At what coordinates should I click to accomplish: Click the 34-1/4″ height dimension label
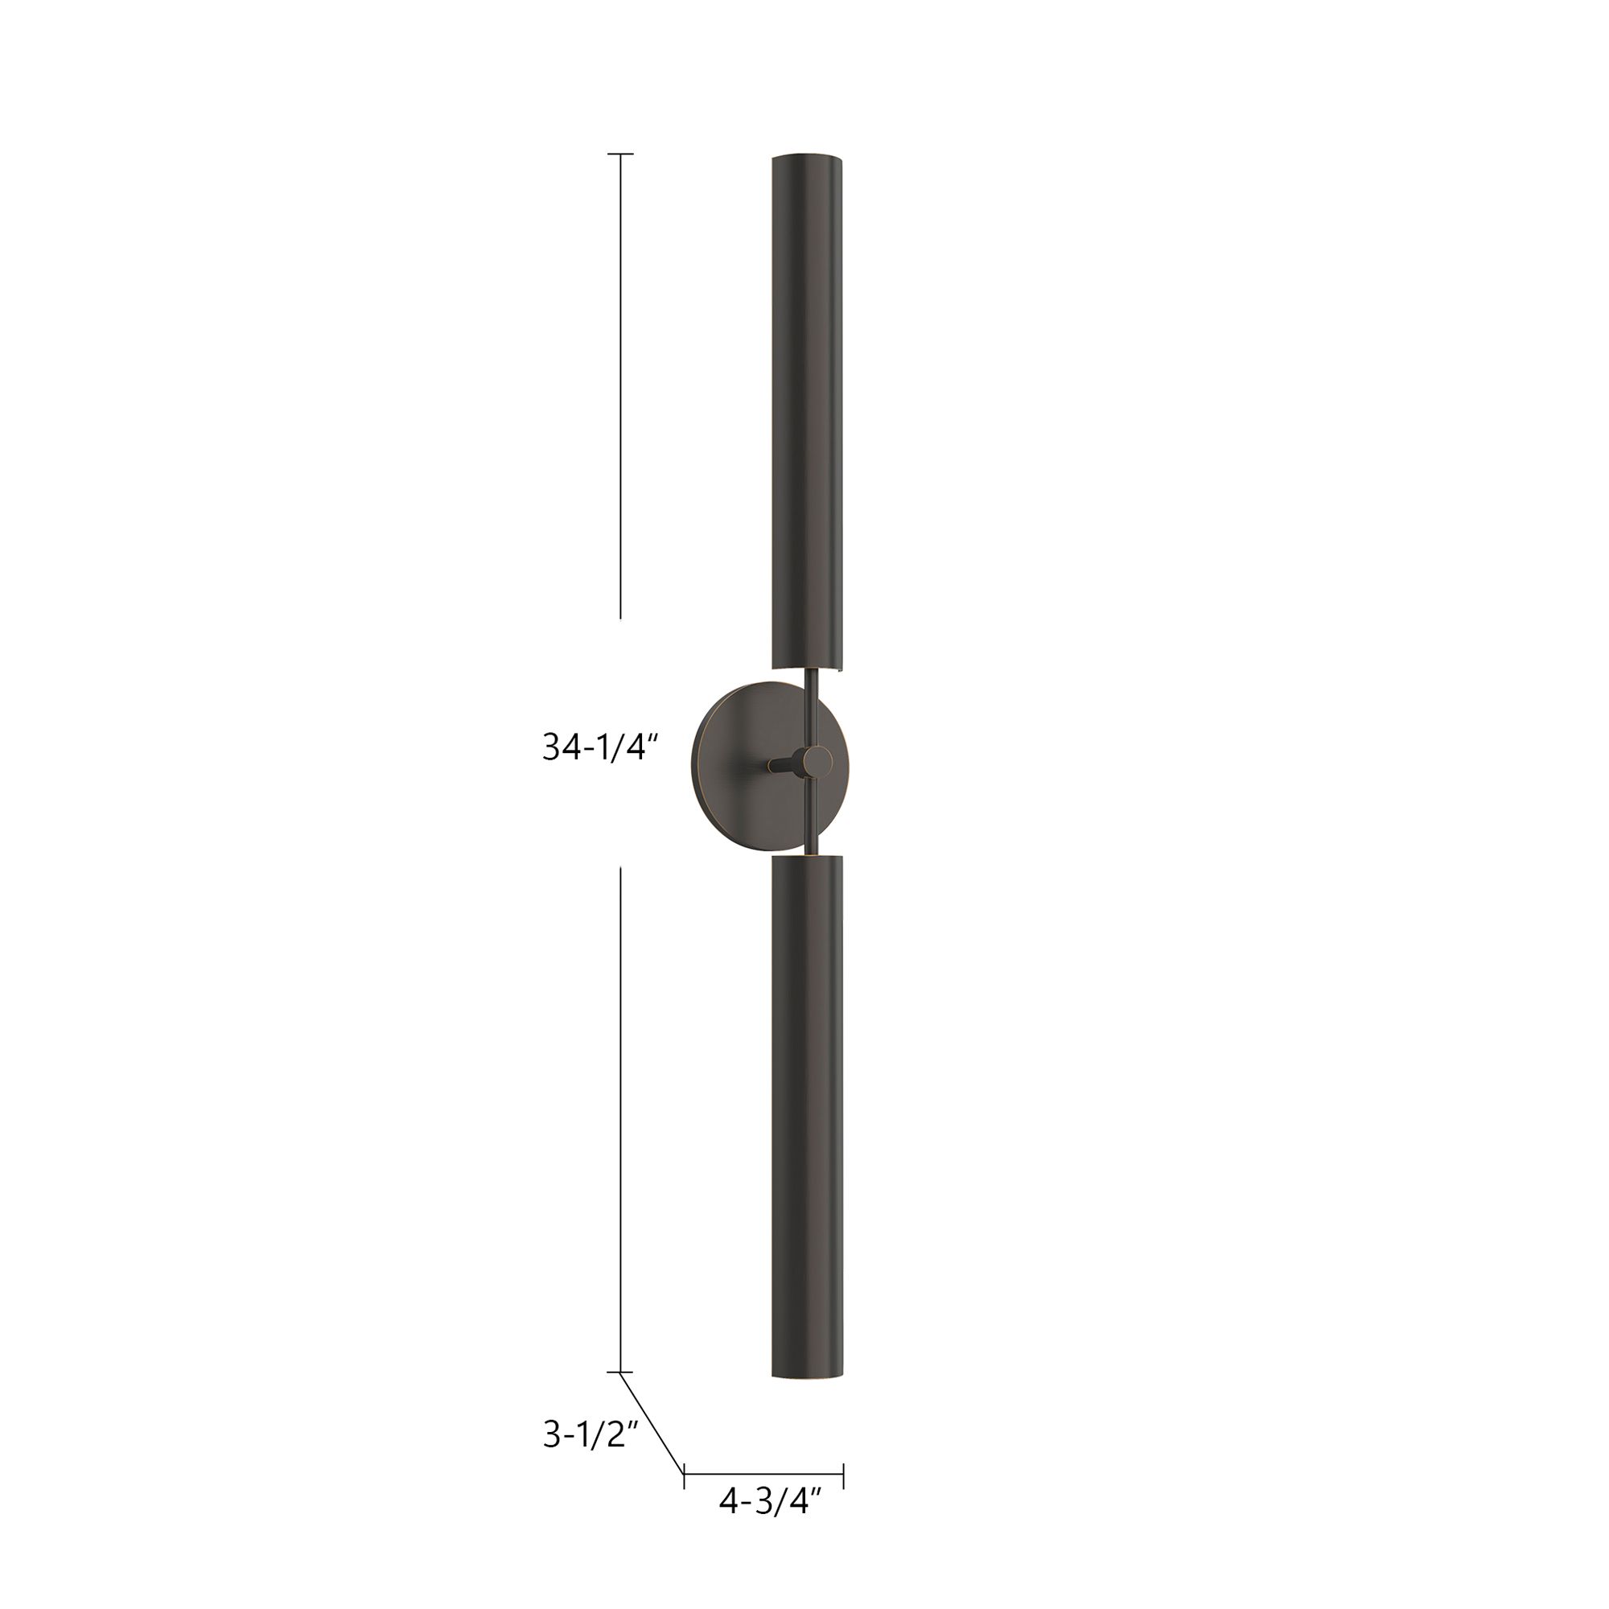click(600, 747)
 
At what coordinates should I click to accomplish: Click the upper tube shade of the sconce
click(807, 408)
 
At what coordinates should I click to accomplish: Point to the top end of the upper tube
click(807, 157)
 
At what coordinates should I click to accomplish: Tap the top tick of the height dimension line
click(619, 154)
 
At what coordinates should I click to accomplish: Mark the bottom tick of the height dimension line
click(619, 1372)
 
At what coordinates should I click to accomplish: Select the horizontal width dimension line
click(763, 1475)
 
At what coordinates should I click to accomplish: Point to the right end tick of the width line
click(844, 1475)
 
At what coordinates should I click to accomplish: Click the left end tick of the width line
click(684, 1475)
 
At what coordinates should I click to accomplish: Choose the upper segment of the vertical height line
click(619, 383)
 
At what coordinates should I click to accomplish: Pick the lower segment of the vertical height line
click(619, 1116)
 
